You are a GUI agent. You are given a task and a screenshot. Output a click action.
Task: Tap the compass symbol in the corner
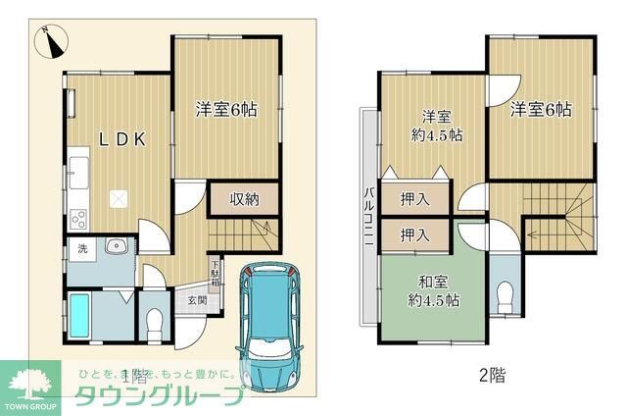[50, 41]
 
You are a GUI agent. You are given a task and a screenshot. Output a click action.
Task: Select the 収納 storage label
[244, 199]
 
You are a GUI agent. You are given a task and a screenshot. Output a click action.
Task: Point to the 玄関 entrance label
[197, 300]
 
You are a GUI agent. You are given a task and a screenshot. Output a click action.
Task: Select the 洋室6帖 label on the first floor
[226, 111]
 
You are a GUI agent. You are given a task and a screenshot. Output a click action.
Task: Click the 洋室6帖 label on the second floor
[541, 111]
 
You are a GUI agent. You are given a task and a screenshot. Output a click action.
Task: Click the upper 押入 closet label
[414, 199]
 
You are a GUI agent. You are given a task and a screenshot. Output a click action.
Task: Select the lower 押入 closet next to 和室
[414, 234]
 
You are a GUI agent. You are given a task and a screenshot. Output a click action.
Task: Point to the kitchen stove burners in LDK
[77, 218]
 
